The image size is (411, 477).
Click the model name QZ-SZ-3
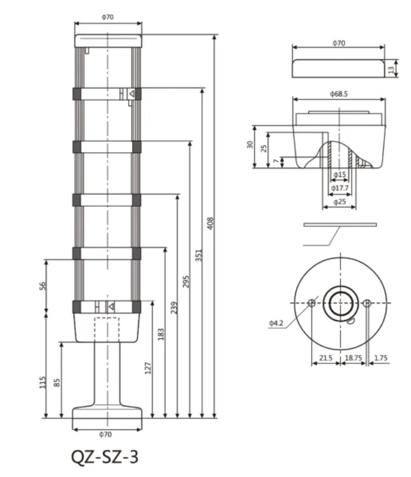pyautogui.click(x=105, y=456)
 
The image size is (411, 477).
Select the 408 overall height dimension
pyautogui.click(x=210, y=223)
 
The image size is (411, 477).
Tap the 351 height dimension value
pyautogui.click(x=198, y=255)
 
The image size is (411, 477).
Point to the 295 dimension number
pyautogui.click(x=186, y=281)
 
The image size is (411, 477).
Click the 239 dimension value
pyautogui.click(x=174, y=308)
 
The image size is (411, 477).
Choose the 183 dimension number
pyautogui.click(x=161, y=334)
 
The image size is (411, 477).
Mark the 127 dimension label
pyautogui.click(x=147, y=368)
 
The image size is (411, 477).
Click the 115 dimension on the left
pyautogui.click(x=43, y=382)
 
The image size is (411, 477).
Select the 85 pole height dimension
pyautogui.click(x=56, y=383)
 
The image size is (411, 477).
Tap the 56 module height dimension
pyautogui.click(x=43, y=286)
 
